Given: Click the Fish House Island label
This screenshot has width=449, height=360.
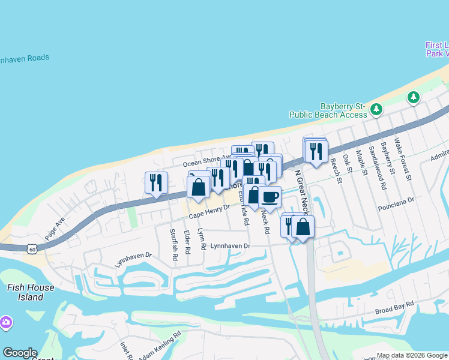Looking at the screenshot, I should click(x=30, y=292).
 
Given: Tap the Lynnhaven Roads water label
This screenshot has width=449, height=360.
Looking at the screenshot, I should click(x=24, y=58).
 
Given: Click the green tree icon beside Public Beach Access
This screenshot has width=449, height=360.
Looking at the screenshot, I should click(x=376, y=109).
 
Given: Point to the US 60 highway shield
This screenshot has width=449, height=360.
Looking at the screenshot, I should click(x=32, y=248).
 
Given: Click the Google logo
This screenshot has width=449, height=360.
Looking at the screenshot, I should click(x=20, y=353).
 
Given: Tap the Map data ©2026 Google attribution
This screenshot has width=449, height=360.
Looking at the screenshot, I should click(x=412, y=355).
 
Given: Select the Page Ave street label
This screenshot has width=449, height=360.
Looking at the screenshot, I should click(x=54, y=228).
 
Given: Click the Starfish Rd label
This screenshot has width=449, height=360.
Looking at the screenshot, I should click(x=174, y=244).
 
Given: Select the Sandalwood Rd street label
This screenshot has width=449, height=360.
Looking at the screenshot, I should click(x=378, y=167).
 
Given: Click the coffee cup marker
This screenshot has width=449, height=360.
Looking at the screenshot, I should click(x=270, y=197).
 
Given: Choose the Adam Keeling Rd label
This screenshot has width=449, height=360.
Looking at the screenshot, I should click(x=159, y=346).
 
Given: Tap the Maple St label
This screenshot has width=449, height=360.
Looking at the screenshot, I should click(x=361, y=163).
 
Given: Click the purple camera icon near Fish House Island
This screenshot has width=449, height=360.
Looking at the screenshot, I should click(x=6, y=323).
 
